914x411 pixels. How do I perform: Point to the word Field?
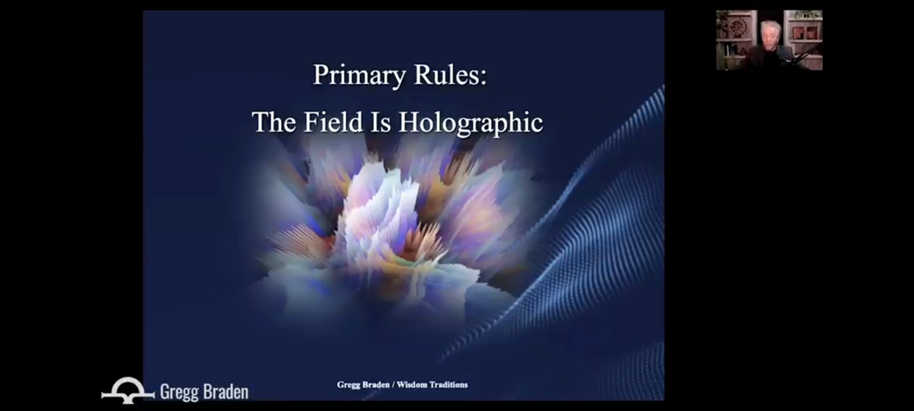coord(333,122)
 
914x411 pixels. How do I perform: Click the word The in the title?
coord(274,122)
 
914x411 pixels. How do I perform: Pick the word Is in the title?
coord(380,122)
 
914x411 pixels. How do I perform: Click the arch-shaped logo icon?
coord(128,390)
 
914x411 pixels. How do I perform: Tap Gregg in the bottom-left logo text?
coord(179,392)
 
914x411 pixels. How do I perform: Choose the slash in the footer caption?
coord(393,385)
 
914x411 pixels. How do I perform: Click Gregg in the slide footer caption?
coord(348,385)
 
